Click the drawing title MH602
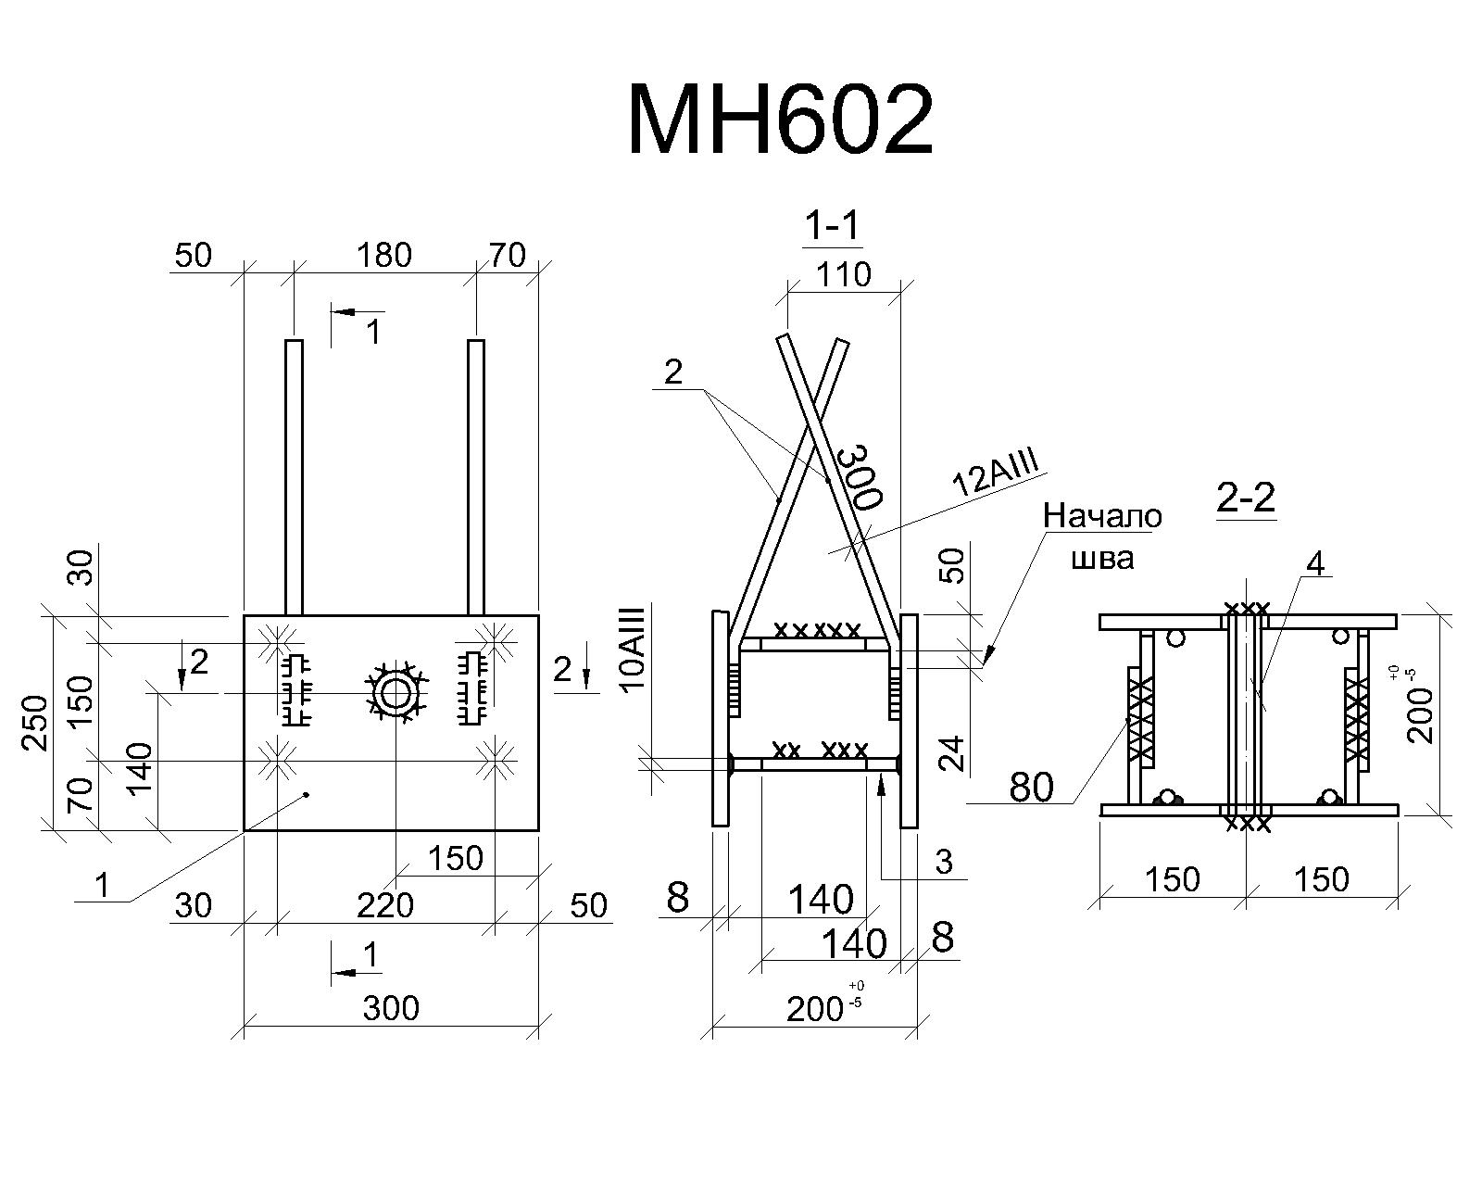[780, 120]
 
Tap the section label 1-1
[833, 224]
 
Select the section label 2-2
[1246, 497]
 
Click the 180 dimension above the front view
[384, 255]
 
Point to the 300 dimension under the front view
[391, 1008]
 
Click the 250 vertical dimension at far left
[35, 724]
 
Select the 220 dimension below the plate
[385, 905]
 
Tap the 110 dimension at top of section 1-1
[844, 274]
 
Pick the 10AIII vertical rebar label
[633, 649]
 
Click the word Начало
[1102, 516]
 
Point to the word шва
[1102, 558]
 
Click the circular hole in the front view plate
[395, 693]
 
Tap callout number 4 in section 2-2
[1315, 563]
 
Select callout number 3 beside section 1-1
[944, 862]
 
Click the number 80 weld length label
[1032, 787]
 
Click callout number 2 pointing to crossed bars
[672, 372]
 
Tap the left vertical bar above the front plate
[294, 477]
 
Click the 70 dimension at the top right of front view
[508, 255]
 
